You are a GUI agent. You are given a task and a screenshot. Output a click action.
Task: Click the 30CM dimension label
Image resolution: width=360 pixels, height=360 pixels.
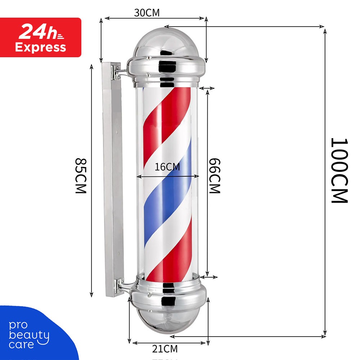pos(147,13)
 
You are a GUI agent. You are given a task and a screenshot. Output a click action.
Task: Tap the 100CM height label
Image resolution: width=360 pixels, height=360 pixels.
pos(339,170)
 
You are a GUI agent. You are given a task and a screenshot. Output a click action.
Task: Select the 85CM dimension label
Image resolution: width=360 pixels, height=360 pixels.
pos(81,176)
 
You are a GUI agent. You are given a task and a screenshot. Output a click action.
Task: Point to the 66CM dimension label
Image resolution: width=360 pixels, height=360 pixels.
pos(215,176)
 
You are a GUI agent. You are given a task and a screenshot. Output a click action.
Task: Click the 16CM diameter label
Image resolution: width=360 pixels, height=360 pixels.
pos(167,167)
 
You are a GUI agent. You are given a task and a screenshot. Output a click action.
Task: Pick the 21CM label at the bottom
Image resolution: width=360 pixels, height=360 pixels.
pos(165,348)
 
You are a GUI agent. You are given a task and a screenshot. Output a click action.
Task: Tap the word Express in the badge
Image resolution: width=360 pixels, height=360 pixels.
pos(40,47)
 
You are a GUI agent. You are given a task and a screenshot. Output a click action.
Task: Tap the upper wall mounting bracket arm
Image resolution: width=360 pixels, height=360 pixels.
pos(121,72)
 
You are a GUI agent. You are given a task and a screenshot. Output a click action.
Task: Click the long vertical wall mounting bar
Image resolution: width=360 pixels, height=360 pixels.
pos(111,180)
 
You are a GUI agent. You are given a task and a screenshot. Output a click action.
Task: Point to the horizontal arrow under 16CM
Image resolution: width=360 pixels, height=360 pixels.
pos(168,176)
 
